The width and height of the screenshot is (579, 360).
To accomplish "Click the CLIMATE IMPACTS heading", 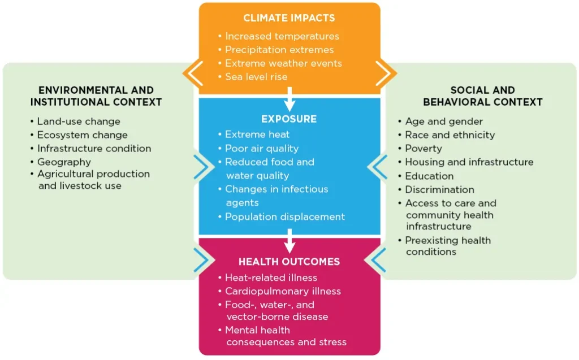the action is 289,18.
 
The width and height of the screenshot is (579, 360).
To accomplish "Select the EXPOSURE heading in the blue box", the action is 289,119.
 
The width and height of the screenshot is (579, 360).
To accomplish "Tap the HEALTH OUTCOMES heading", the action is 289,262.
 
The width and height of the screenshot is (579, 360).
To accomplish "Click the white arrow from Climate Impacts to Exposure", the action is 289,99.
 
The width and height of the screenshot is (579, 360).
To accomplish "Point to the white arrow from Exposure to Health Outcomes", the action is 289,241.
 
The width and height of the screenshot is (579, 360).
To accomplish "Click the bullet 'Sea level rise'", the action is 253,77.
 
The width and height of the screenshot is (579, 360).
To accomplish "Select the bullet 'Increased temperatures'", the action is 278,36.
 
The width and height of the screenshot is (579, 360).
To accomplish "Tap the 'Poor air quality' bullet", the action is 258,149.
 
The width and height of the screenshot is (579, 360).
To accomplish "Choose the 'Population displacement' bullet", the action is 282,217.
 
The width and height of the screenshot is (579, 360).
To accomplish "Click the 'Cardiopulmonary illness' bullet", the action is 279,291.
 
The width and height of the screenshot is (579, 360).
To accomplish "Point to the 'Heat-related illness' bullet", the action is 267,277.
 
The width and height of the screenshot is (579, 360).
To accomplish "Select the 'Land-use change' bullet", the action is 75,122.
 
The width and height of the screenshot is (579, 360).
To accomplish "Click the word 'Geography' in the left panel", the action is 64,162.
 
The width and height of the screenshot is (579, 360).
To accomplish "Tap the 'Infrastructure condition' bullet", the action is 91,149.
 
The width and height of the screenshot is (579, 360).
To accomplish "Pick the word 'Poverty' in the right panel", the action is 424,149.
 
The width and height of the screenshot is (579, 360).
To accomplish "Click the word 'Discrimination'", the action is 440,189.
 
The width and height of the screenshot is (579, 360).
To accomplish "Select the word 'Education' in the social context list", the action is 430,176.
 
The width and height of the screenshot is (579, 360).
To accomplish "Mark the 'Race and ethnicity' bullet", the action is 447,135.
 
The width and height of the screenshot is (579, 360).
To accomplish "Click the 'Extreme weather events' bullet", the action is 280,63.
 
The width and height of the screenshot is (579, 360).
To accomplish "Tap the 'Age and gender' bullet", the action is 440,122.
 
